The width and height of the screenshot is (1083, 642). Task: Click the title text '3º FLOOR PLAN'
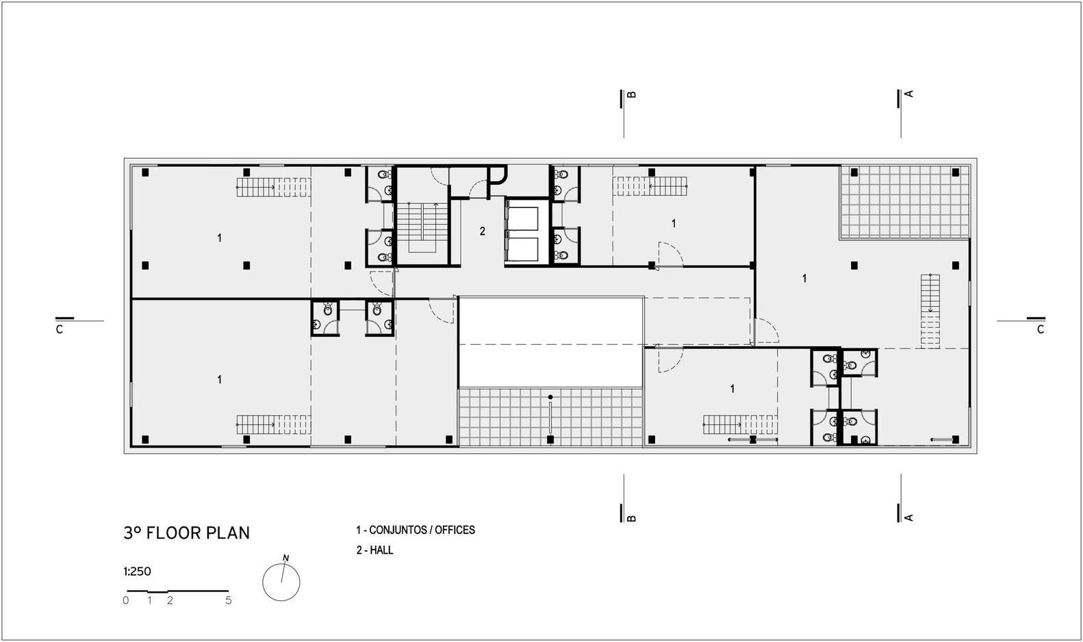point(187,532)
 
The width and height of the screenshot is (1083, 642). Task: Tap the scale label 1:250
point(138,572)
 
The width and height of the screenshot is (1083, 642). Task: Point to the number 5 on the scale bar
point(228,600)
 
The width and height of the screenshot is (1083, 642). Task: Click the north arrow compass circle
point(281,582)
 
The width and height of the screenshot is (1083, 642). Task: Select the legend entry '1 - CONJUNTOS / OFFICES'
point(416,530)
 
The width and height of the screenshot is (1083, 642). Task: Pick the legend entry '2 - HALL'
point(374,550)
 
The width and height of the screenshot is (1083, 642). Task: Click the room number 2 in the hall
point(482,231)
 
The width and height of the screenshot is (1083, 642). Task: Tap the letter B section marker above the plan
point(631,94)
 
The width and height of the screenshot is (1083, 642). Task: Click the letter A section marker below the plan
point(908,517)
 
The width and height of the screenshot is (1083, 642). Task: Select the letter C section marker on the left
point(59,330)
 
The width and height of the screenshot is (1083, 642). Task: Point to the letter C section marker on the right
point(1041,330)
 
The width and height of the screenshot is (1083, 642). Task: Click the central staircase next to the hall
point(422,227)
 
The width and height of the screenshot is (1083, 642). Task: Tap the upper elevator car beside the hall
point(522,218)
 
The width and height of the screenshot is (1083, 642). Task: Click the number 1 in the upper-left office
point(220,238)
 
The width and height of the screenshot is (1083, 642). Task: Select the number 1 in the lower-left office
point(220,379)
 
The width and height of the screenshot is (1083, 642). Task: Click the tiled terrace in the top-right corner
point(905,202)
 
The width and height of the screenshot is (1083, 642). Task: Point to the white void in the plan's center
point(551,342)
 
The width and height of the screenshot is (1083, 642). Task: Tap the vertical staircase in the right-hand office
point(930,311)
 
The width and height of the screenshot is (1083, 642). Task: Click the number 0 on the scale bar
point(126,600)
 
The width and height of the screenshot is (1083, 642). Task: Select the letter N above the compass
point(285,558)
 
